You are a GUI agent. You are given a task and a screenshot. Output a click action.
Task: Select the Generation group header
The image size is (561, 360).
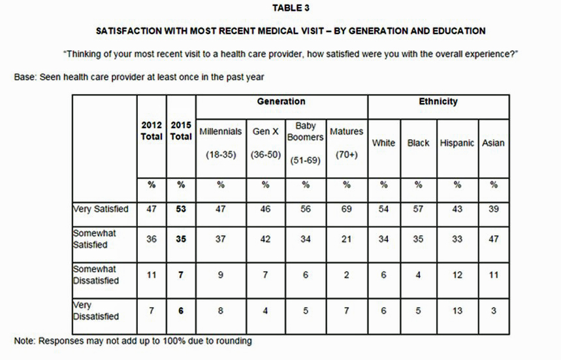pos(281,102)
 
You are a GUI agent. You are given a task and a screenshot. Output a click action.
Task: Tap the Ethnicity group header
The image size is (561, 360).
pos(438,102)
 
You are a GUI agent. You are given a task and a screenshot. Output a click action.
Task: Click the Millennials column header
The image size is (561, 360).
pos(221,131)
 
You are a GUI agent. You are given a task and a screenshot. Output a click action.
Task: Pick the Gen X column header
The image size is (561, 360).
pos(266,131)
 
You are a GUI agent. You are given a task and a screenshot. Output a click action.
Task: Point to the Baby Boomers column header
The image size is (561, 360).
pos(306,131)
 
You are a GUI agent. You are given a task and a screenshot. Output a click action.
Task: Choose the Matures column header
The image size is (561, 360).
pos(346,131)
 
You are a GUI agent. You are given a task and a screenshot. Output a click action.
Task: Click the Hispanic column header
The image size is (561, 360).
pos(457,142)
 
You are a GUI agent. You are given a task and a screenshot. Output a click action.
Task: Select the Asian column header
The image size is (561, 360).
pos(493,142)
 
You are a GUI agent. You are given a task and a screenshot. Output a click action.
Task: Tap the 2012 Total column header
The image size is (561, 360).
pos(151,131)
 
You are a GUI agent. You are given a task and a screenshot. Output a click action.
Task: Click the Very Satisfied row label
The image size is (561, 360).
pos(101,209)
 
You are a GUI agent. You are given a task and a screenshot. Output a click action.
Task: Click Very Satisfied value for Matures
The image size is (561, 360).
pos(346,209)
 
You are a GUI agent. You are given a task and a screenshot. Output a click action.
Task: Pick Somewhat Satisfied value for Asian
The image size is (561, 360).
pos(493,239)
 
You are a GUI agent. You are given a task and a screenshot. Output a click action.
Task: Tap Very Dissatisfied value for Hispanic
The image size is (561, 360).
pos(457,311)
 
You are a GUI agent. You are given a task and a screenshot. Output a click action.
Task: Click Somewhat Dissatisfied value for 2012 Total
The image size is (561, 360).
pos(151,275)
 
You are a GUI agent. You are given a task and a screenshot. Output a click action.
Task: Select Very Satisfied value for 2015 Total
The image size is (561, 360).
pos(181,209)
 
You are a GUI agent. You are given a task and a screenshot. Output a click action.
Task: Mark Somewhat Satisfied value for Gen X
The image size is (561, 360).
pos(266,239)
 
